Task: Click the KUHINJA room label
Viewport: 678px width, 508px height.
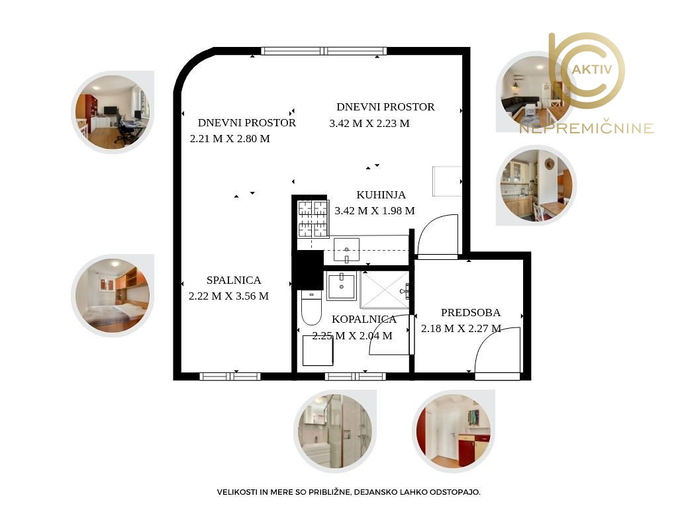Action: point(381,195)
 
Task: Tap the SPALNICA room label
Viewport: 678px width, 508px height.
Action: point(234,280)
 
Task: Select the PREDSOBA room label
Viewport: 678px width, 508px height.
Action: point(471,312)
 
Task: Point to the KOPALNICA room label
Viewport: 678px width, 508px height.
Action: point(364,319)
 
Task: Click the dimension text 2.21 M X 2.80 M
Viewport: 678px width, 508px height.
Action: point(230,139)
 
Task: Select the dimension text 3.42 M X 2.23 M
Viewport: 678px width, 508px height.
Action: point(369,124)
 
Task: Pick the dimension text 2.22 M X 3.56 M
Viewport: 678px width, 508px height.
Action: point(228,296)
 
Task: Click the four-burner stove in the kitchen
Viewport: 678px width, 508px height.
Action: point(313,219)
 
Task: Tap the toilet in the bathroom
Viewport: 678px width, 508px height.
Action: point(311,308)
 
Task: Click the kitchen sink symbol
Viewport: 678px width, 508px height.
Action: point(346,250)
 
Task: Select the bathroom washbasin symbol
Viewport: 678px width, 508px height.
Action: point(342,286)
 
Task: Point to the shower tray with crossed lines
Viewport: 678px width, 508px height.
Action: point(385,290)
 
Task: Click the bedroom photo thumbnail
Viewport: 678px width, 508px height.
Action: point(113,296)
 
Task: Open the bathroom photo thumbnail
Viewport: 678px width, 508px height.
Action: point(335,431)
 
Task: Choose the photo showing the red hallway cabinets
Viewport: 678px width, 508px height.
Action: point(453,431)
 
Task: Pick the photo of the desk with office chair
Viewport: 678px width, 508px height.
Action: point(113,112)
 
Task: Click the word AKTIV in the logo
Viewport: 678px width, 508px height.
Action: point(591,69)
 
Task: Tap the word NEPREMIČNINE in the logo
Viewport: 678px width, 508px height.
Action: point(587,128)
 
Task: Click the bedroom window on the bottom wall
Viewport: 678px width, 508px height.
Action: point(230,376)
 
